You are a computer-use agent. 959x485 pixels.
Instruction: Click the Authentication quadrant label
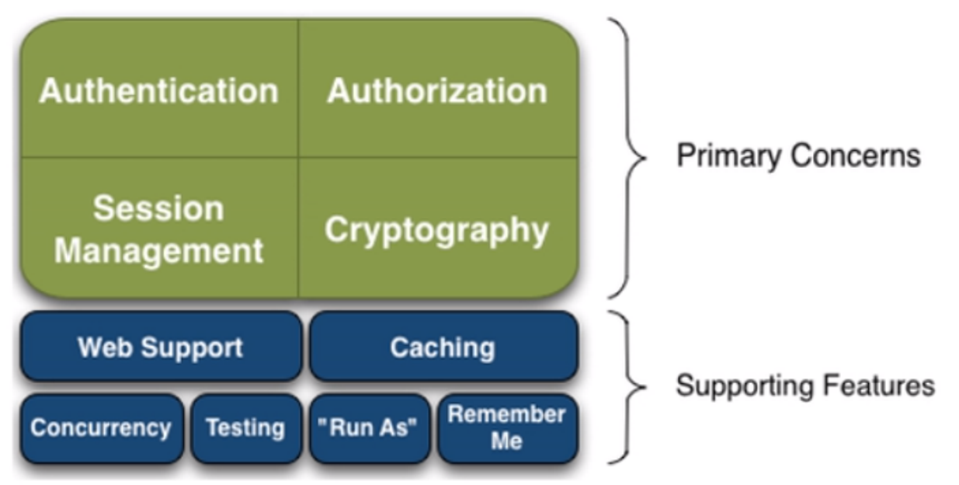[x=158, y=91]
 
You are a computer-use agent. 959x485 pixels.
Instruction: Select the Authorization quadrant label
[x=437, y=91]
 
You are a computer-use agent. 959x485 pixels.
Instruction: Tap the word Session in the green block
[x=158, y=208]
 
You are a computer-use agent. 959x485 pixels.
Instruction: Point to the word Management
[x=159, y=251]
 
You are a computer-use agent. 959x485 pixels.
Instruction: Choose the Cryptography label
[x=436, y=230]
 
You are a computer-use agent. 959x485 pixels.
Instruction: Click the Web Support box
[x=160, y=347]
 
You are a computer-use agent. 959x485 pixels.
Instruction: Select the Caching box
[x=443, y=347]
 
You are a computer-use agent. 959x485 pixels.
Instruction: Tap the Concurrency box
[x=101, y=428]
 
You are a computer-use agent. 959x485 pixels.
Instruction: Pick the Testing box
[x=245, y=428]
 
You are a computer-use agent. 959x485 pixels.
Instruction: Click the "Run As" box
[x=369, y=428]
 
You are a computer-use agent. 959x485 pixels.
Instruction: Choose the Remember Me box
[x=506, y=427]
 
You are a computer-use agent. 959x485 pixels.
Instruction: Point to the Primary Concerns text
[x=798, y=156]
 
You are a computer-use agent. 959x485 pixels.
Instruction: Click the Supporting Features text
[x=804, y=386]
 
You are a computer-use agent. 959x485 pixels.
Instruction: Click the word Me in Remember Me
[x=506, y=441]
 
